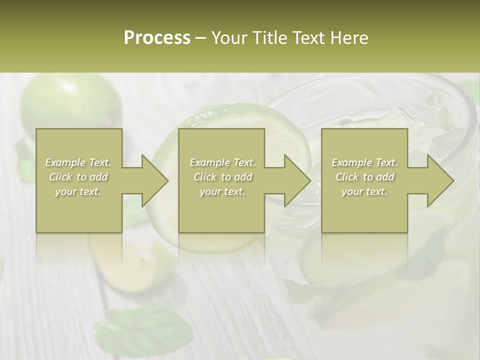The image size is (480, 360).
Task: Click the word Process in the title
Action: click(157, 37)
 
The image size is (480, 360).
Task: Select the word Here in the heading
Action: click(349, 37)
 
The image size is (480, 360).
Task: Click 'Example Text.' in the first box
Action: click(78, 162)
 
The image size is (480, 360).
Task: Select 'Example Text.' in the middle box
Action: click(222, 162)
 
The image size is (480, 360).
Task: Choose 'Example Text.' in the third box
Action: click(364, 162)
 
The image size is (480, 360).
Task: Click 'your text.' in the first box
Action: click(78, 191)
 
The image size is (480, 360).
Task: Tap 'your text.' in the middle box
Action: click(222, 191)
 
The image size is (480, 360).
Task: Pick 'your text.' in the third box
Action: click(364, 191)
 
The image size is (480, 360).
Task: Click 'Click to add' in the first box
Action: click(78, 177)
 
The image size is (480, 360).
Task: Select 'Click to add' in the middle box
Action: click(222, 177)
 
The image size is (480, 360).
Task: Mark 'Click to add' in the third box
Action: click(364, 177)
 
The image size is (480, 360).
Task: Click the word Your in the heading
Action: click(228, 37)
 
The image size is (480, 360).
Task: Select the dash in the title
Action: click(201, 38)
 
